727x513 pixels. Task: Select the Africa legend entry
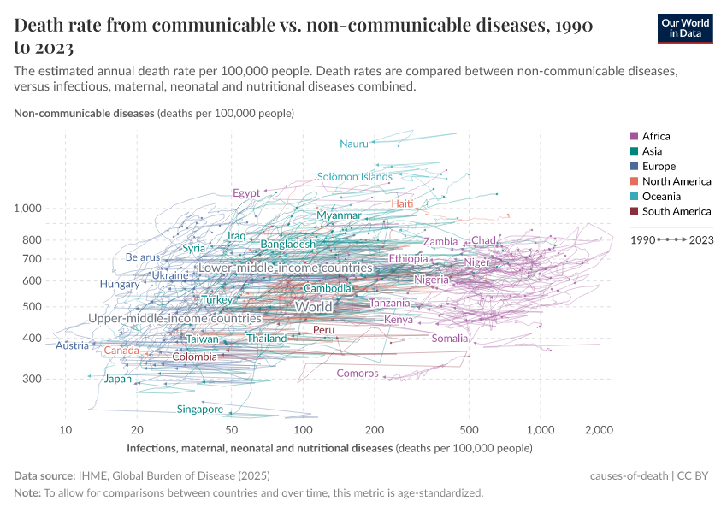(x=656, y=136)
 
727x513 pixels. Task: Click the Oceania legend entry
(x=660, y=197)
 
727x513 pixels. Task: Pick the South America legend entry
(x=676, y=211)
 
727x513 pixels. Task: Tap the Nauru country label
(x=353, y=144)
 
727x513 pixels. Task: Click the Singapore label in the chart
(x=200, y=410)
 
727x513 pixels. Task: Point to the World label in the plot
(x=313, y=306)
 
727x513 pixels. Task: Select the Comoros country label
(x=358, y=373)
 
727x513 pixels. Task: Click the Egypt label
(x=246, y=193)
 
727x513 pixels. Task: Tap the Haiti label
(x=402, y=203)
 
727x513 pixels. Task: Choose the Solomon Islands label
(x=354, y=177)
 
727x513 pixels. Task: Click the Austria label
(x=72, y=345)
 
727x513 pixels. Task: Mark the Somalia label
(x=450, y=339)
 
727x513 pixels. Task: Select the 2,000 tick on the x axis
(x=600, y=428)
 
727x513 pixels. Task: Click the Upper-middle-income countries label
(x=174, y=318)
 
